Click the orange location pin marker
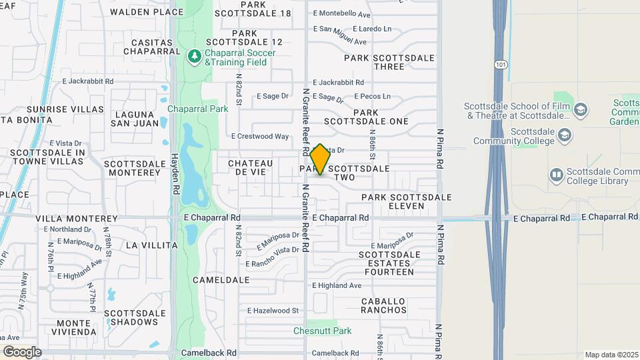320,159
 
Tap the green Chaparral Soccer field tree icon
195,57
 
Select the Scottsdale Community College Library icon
556,175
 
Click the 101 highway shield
500,64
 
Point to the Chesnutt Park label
323,331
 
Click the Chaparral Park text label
197,109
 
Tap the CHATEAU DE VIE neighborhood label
251,167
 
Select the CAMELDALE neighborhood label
221,280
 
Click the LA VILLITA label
151,245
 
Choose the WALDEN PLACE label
147,12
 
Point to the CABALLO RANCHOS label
384,305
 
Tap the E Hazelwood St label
273,311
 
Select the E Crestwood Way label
260,136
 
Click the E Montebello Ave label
341,14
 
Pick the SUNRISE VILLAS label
65,109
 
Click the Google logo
22,351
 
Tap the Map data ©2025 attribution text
611,355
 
